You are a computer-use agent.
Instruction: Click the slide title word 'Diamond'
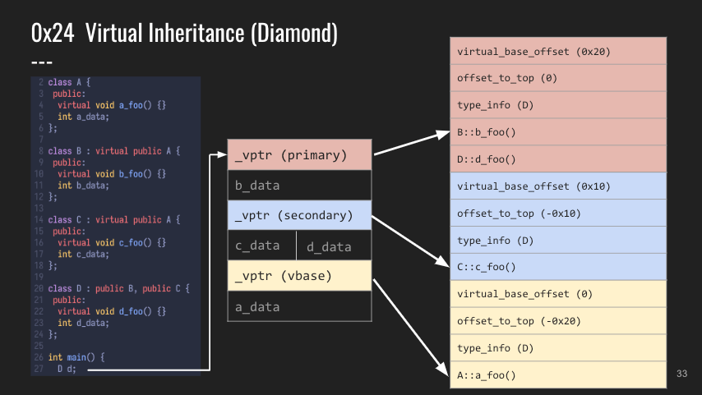click(x=294, y=33)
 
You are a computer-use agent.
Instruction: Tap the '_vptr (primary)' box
click(x=299, y=154)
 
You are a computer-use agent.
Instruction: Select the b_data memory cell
click(x=299, y=186)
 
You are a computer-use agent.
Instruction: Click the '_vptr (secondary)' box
click(x=299, y=215)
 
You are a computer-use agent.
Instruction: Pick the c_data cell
click(x=262, y=246)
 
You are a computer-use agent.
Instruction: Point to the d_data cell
click(x=334, y=246)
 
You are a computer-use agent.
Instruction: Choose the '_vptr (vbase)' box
click(x=299, y=276)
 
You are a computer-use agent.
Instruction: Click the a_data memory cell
click(x=299, y=306)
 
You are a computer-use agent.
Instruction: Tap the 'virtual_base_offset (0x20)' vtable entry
click(x=558, y=51)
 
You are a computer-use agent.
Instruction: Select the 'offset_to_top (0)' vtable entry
click(x=558, y=78)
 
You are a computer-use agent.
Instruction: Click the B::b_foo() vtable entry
click(x=558, y=132)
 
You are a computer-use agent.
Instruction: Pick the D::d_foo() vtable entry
click(x=558, y=158)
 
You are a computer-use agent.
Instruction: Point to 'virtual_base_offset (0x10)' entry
click(x=558, y=186)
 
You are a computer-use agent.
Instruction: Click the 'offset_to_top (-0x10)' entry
click(x=558, y=213)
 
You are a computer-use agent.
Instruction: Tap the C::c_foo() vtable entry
click(x=558, y=267)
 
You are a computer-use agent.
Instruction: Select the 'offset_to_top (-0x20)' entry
click(x=558, y=321)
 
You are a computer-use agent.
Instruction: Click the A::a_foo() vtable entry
click(x=558, y=374)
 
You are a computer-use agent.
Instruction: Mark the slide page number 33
click(x=681, y=374)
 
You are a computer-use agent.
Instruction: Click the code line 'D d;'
click(x=67, y=369)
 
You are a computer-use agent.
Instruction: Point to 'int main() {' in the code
click(x=76, y=357)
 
